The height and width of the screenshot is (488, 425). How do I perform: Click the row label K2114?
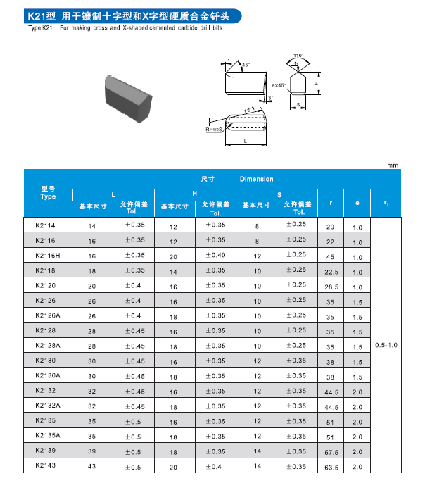(x=45, y=225)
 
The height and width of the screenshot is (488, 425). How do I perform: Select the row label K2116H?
(x=48, y=256)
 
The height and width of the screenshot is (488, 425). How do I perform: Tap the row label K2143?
(x=45, y=465)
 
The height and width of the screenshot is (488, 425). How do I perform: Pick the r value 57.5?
(x=331, y=452)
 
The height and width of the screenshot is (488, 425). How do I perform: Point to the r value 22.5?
(x=331, y=272)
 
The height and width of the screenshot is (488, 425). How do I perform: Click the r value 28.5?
(x=331, y=287)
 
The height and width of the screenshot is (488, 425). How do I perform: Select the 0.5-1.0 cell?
(x=386, y=345)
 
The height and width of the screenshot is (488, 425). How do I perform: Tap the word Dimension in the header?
(x=256, y=179)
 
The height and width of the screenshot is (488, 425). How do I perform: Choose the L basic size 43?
(x=91, y=466)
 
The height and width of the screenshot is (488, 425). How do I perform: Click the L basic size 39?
(x=91, y=451)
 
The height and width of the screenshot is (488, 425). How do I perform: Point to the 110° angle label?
(x=298, y=55)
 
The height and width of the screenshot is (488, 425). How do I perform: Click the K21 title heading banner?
(x=132, y=15)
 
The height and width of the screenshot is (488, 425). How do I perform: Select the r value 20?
(x=331, y=227)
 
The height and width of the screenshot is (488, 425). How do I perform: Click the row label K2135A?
(x=48, y=435)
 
